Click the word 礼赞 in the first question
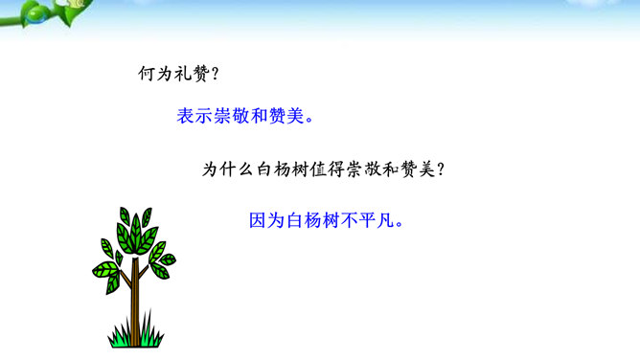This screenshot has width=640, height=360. click(192, 74)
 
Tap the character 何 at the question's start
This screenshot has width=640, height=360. click(147, 74)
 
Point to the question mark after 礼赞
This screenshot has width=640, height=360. click(216, 74)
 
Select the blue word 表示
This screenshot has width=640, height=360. click(194, 116)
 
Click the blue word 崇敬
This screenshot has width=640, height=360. click(232, 116)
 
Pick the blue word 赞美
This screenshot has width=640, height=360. click(286, 116)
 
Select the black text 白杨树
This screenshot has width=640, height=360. click(282, 169)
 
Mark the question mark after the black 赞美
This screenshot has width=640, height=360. click(441, 169)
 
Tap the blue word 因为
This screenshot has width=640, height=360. click(267, 220)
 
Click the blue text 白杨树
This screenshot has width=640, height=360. click(313, 220)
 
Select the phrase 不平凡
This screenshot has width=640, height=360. click(368, 220)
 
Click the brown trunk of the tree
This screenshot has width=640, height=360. click(135, 302)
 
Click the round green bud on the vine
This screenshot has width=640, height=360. click(34, 15)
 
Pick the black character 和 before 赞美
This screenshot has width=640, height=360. click(391, 169)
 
